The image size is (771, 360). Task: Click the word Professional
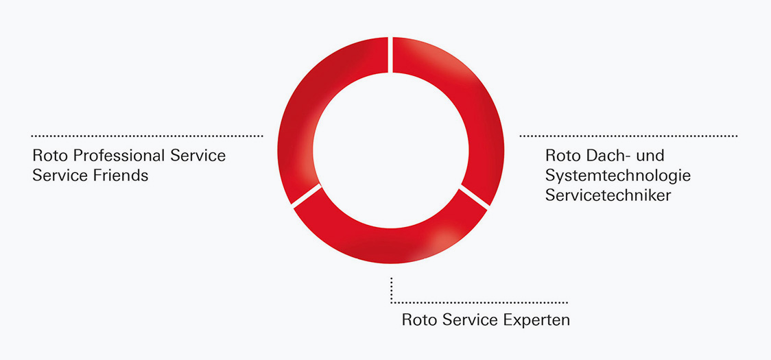coord(119,156)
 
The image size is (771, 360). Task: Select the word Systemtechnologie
coord(618,176)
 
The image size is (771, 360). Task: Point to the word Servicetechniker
coord(608,195)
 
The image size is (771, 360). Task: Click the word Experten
coord(537,320)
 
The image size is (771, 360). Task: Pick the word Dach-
coord(606,156)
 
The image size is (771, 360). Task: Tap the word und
coord(649,156)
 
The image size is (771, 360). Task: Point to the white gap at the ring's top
coord(391,55)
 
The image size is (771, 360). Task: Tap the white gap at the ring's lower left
coord(307,195)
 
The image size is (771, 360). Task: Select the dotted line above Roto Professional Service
coord(147,136)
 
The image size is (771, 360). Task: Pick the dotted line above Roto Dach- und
coord(629,136)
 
